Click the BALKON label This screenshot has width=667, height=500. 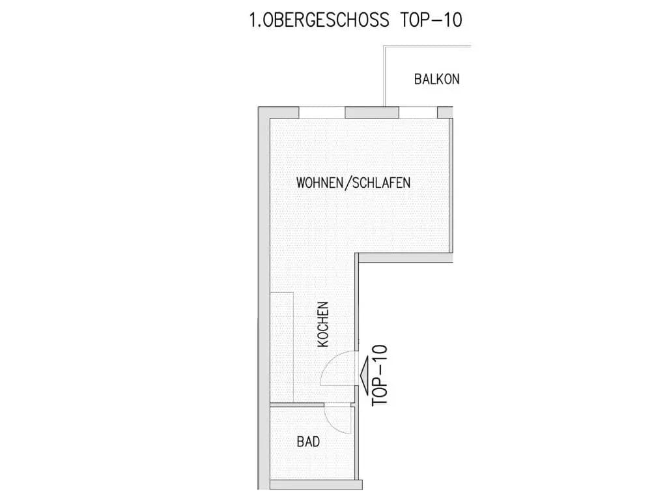(437, 80)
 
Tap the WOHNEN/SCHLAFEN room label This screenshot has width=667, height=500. (353, 183)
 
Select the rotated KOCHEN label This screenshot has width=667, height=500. (323, 324)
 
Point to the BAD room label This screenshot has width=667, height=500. (308, 441)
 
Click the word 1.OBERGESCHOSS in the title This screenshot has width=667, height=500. (319, 20)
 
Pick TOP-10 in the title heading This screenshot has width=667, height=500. (431, 20)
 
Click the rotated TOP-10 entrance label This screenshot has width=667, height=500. (380, 375)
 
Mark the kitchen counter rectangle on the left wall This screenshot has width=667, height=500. (282, 347)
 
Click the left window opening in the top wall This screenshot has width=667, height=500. (322, 112)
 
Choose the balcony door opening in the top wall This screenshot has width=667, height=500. (418, 112)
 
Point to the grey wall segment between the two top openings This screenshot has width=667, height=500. (372, 112)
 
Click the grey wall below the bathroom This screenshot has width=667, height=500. (317, 484)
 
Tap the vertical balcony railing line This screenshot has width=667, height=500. (384, 76)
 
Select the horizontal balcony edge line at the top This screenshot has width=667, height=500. (427, 46)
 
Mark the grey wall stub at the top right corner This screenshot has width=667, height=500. (446, 112)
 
